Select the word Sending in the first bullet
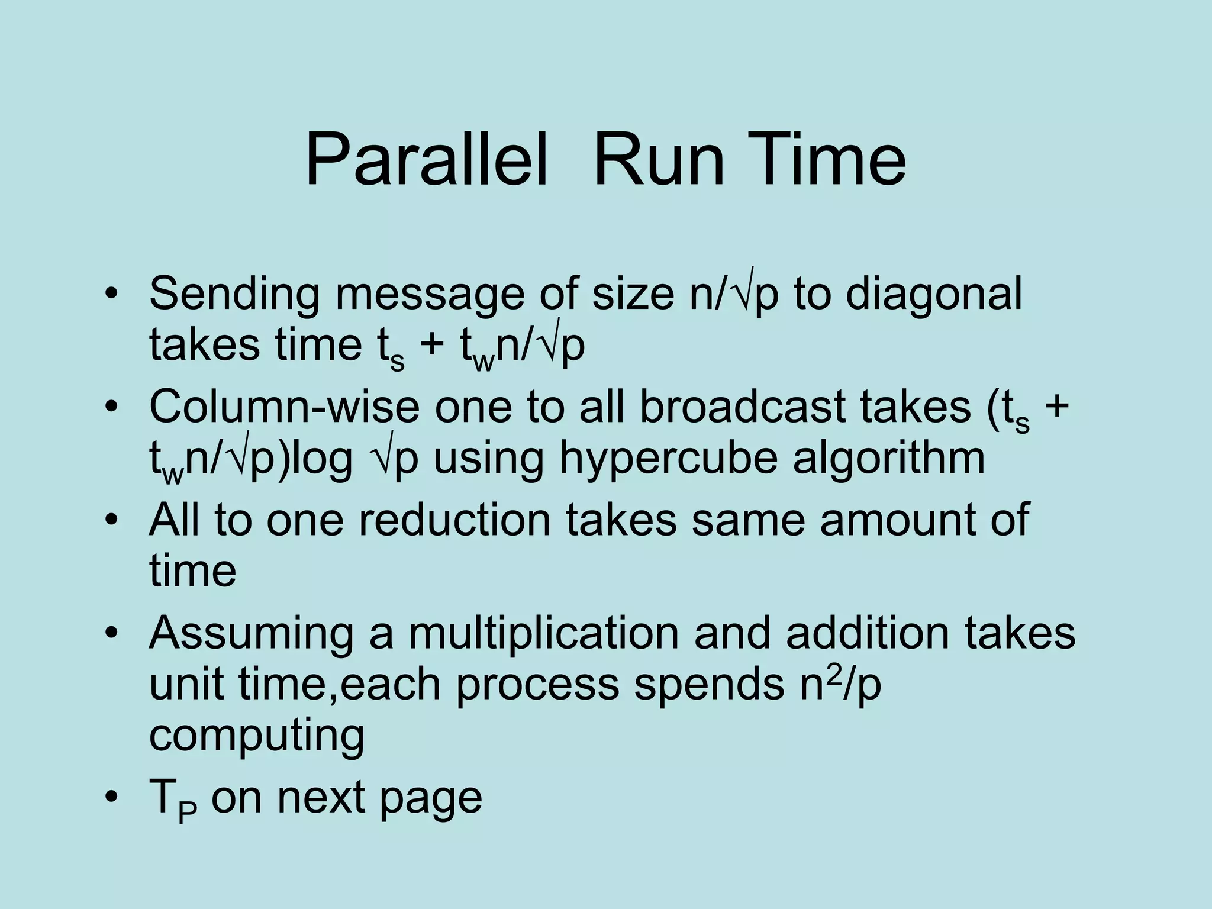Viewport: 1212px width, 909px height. point(234,295)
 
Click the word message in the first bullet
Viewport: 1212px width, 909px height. point(430,295)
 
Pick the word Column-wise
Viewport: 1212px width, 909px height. point(284,407)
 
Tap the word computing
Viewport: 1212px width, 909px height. point(257,736)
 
